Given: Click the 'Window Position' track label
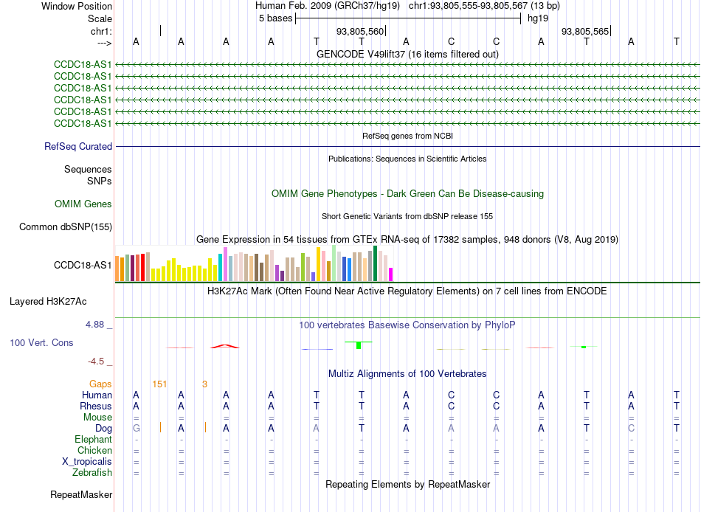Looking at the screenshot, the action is (x=77, y=6).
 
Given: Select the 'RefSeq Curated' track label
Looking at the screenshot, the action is (x=78, y=146).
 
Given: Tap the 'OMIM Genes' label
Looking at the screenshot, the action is (x=83, y=204).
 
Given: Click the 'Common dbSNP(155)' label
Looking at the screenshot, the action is (x=66, y=226).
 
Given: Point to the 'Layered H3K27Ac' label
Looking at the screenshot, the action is (x=48, y=302).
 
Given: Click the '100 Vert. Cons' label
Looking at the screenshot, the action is (x=41, y=342).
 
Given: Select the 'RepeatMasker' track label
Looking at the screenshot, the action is (x=81, y=494).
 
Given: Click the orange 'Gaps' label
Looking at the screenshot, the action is (x=100, y=384).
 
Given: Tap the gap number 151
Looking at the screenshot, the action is (x=159, y=384).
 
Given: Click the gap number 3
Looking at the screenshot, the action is (x=204, y=384).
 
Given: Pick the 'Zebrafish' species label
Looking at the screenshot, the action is (x=92, y=472).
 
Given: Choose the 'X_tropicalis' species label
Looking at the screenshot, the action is (x=87, y=462).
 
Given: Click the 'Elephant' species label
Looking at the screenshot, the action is (x=93, y=439).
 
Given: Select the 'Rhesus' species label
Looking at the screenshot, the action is (x=96, y=406).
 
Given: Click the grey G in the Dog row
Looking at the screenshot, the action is (x=137, y=428).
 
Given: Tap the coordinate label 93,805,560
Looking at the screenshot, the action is (x=360, y=31).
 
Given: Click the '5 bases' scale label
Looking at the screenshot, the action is (x=275, y=18).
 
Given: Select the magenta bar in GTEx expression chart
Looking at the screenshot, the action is (x=391, y=274).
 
